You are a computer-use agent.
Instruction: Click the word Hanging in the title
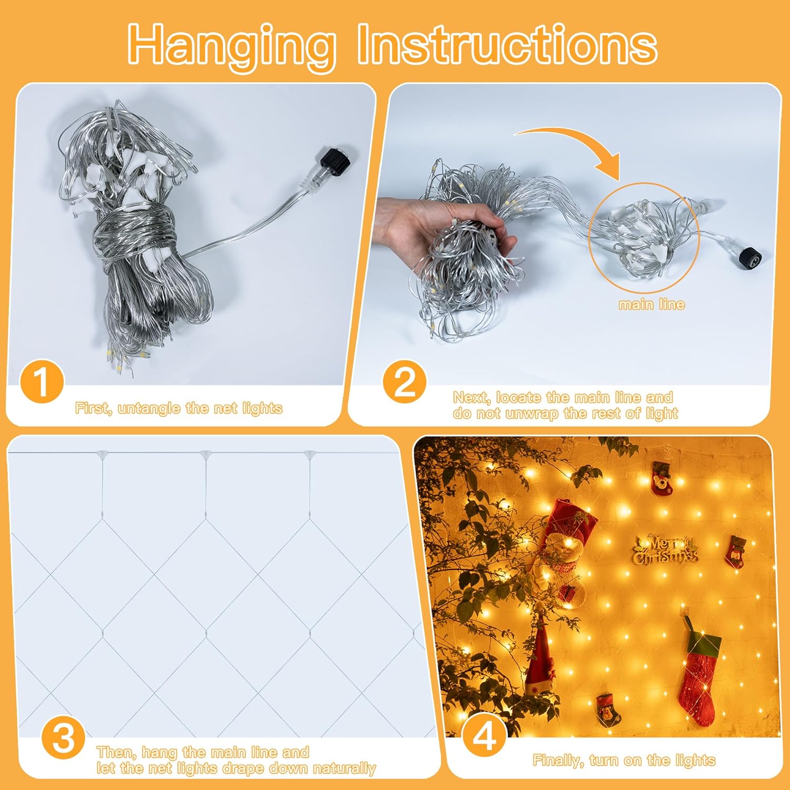[232, 45]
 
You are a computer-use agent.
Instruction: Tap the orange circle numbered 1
[42, 382]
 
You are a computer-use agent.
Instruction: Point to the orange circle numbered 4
[484, 736]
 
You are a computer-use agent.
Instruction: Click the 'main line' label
[651, 304]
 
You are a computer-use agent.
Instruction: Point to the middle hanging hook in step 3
[205, 454]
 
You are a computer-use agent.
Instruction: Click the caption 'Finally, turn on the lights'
[624, 761]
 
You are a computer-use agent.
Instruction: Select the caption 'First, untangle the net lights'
[179, 408]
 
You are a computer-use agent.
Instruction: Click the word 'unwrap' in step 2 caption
[531, 413]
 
